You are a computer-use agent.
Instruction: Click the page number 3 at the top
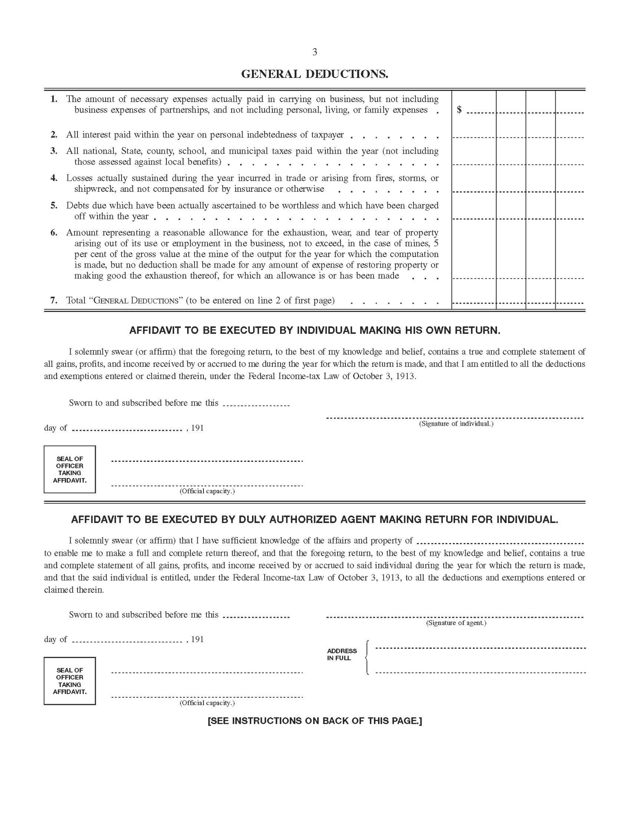tap(314, 52)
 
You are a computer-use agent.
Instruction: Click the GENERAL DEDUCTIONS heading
tap(314, 74)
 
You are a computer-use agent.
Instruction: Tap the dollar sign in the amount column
tap(459, 109)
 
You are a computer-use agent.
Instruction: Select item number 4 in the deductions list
tap(54, 178)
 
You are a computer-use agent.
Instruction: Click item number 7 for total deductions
tap(54, 301)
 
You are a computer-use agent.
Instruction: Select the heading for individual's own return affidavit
tap(314, 330)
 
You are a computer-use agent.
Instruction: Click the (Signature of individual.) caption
tap(456, 424)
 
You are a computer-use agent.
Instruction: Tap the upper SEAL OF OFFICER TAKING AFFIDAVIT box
tap(70, 470)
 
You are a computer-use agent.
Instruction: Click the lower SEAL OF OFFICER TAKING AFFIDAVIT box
tap(70, 681)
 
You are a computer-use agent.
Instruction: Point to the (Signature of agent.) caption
tap(456, 623)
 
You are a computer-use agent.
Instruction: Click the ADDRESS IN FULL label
tap(342, 654)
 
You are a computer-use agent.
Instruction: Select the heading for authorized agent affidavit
tap(314, 519)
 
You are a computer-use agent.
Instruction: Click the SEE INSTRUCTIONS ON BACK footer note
tap(314, 721)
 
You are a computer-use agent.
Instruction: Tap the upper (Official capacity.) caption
tap(207, 491)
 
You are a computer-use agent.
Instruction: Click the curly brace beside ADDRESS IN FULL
tap(367, 657)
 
